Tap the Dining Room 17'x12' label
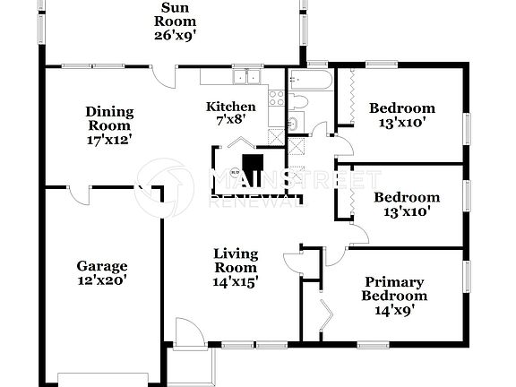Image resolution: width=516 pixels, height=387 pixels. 109,125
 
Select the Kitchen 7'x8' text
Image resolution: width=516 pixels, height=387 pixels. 225,113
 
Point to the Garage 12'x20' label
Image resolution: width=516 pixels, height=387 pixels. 101,272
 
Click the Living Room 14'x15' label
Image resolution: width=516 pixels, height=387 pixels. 236,267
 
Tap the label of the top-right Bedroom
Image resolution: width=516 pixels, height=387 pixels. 402,116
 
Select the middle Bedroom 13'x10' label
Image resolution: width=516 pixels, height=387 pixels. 406,205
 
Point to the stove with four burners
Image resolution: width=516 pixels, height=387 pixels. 277,99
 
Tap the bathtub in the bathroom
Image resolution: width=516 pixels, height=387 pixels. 310,79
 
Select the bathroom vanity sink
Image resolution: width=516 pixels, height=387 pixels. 293,123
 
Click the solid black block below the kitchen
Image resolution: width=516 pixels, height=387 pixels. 254,166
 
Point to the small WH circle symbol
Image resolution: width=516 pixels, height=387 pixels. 235,170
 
